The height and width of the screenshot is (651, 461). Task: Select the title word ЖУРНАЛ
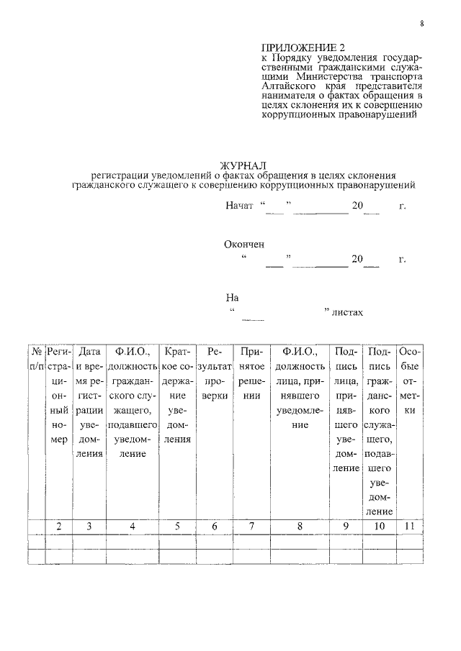coord(245,166)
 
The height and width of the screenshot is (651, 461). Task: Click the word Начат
coord(239,206)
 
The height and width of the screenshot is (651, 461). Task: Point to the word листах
coord(348,313)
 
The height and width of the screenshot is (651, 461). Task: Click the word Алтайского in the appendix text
coord(290,83)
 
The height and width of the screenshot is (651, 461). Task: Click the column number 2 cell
coord(59,526)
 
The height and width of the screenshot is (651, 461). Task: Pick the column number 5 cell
coord(176,526)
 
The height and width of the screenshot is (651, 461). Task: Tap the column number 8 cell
coord(300,526)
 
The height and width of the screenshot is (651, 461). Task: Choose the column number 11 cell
coord(410,526)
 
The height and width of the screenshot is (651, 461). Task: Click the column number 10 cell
coord(380,526)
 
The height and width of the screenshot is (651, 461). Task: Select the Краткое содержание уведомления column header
coord(176,395)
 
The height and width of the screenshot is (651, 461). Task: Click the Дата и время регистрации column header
coord(89,402)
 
